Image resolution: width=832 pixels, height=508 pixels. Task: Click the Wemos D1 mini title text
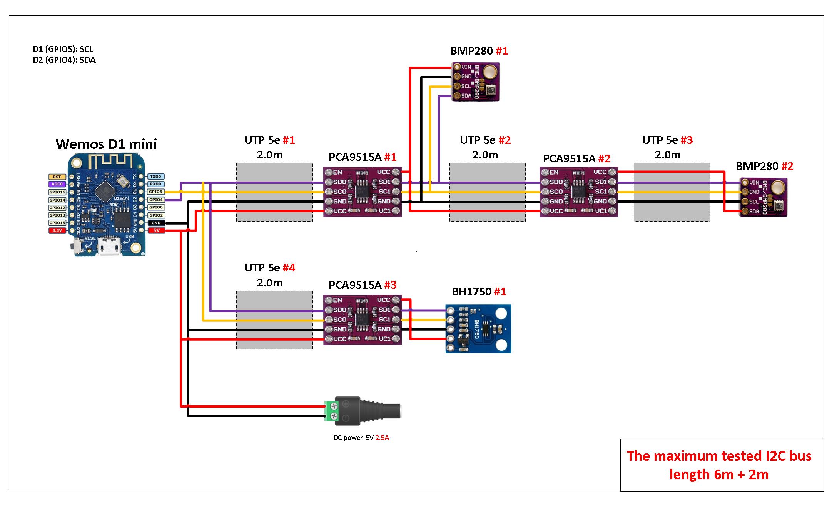[x=106, y=144]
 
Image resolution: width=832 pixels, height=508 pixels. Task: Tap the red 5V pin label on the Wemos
[x=156, y=230]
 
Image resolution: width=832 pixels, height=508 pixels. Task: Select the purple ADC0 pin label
[x=57, y=184]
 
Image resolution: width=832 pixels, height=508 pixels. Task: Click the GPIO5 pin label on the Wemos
[x=156, y=192]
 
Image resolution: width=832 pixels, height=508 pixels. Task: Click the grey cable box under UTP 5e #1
[x=274, y=192]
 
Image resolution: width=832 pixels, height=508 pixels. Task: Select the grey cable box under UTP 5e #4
[x=274, y=320]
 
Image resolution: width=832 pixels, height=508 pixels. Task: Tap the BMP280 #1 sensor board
[x=475, y=82]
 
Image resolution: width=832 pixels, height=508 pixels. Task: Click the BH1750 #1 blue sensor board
[x=478, y=329]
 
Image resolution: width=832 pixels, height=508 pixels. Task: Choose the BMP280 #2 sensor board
[x=764, y=197]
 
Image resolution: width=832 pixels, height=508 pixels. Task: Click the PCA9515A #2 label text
[x=576, y=158]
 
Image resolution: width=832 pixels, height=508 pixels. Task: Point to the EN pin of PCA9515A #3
[x=337, y=300]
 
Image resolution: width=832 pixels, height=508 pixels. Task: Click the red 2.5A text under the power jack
[x=382, y=438]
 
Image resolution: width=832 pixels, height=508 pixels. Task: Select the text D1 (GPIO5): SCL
[x=63, y=49]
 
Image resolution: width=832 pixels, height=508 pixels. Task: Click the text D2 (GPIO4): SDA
[x=64, y=60]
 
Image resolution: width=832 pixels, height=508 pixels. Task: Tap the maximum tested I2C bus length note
[x=719, y=465]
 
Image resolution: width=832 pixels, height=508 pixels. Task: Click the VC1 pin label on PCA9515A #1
[x=385, y=211]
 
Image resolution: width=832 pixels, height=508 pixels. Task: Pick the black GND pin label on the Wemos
[x=156, y=223]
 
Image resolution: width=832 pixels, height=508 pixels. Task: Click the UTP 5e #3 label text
[x=667, y=140]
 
